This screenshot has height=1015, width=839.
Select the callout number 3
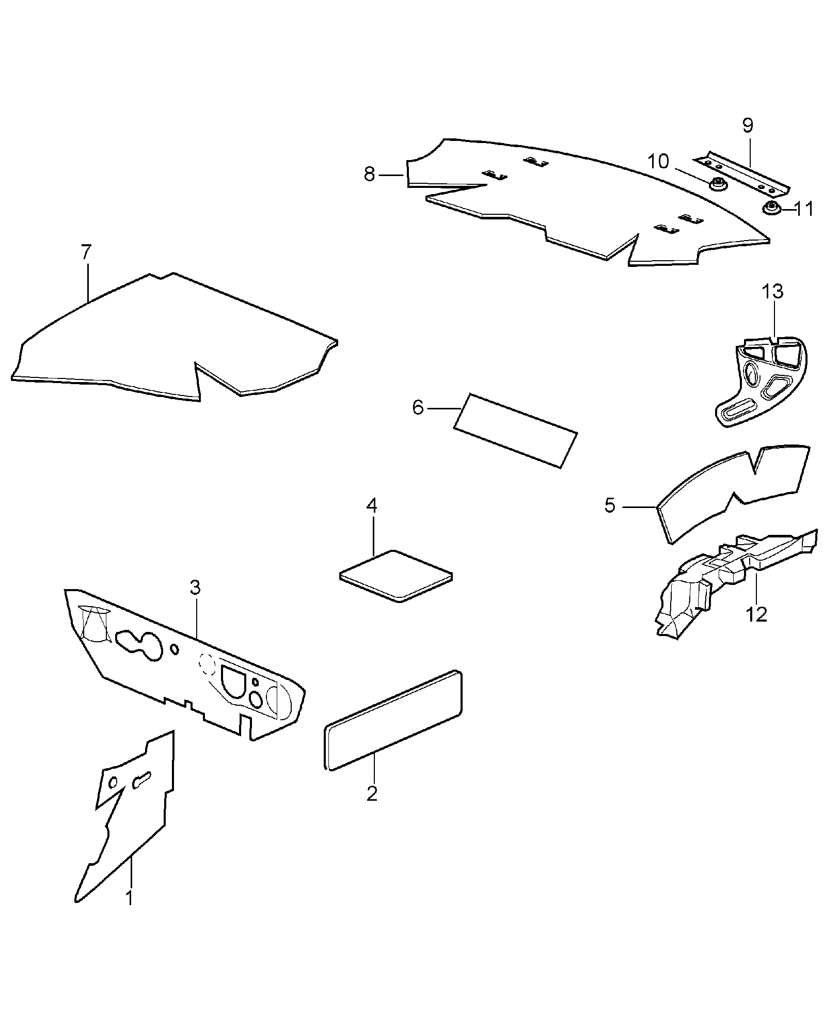pyautogui.click(x=195, y=588)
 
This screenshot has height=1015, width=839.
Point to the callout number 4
pyautogui.click(x=372, y=505)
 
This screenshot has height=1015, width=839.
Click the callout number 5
pyautogui.click(x=610, y=506)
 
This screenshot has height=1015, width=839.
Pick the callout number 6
pyautogui.click(x=418, y=408)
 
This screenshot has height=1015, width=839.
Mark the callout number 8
pyautogui.click(x=369, y=175)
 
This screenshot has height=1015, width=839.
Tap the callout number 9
pyautogui.click(x=748, y=125)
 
